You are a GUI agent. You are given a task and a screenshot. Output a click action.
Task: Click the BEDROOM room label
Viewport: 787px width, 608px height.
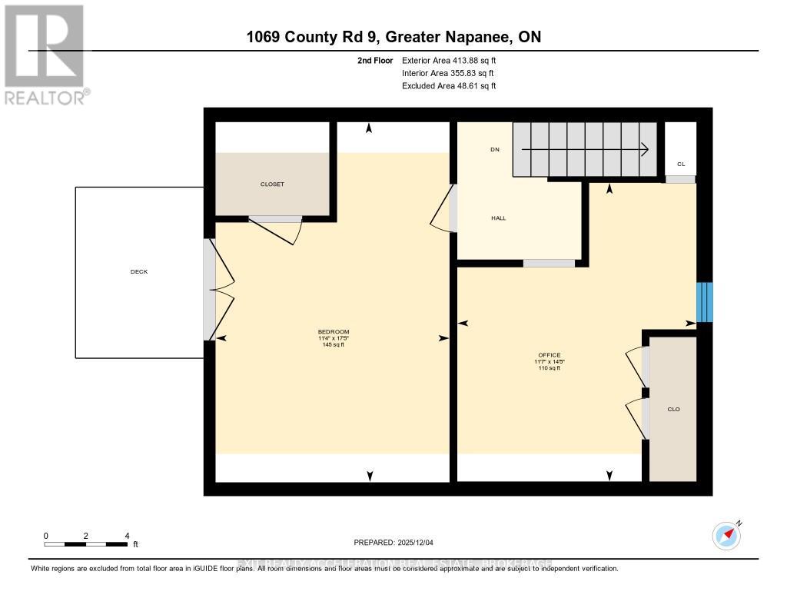334,332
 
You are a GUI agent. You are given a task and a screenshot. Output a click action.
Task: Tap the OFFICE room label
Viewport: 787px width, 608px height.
549,355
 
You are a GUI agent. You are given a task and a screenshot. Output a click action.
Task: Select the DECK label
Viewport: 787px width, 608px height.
138,272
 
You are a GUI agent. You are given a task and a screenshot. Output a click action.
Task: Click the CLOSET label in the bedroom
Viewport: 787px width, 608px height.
272,184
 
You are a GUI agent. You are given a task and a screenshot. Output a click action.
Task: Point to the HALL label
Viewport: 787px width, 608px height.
499,218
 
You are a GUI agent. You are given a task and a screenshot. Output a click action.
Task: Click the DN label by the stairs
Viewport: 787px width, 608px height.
495,149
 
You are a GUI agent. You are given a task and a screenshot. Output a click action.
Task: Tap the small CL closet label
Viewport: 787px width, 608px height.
680,164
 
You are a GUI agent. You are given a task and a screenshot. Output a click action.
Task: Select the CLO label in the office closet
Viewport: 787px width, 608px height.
673,409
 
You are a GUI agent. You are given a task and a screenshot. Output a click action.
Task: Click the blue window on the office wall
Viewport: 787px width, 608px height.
705,302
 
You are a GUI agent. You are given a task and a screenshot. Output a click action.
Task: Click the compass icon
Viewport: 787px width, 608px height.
726,535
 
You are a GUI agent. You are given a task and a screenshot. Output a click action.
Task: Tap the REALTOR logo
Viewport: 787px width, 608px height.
45,54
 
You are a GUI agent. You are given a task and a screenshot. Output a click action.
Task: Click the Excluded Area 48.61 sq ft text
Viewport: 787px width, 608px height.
449,86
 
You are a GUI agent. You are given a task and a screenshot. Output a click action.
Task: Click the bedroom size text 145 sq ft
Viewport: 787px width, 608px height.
334,345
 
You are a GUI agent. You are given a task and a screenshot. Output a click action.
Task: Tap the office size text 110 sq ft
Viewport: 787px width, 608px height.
549,368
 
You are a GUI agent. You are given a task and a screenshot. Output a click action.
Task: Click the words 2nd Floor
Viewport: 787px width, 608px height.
375,60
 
